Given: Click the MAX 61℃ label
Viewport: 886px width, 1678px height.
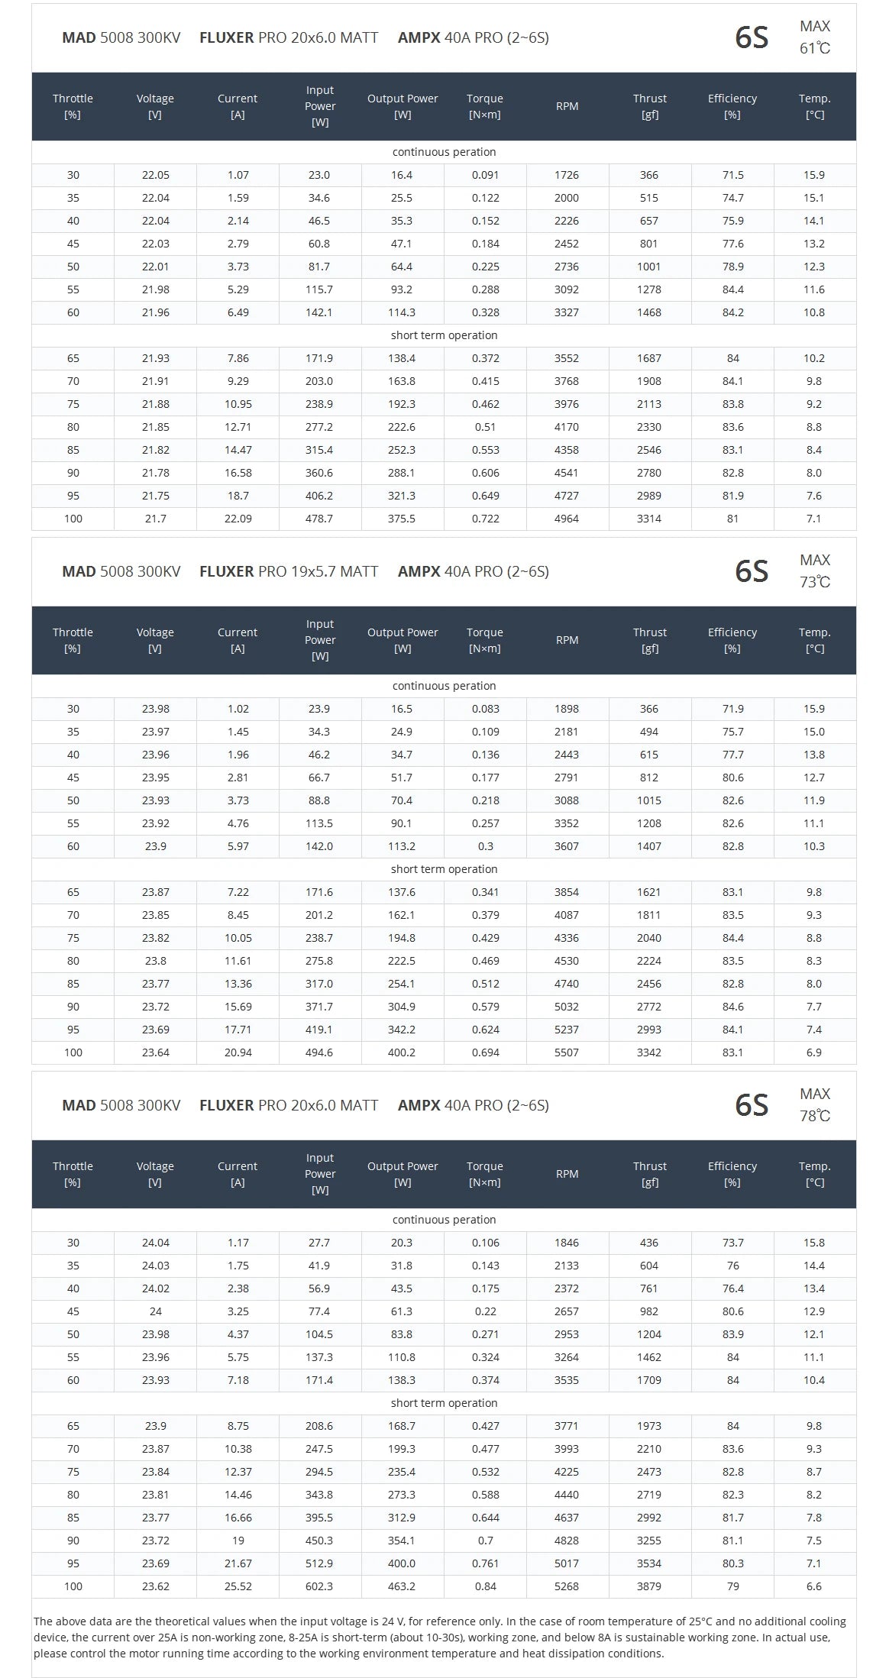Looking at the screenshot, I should tap(814, 37).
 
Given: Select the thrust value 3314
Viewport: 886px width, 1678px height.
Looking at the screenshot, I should tap(649, 519).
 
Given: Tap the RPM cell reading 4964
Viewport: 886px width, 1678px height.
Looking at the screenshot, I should tap(567, 519).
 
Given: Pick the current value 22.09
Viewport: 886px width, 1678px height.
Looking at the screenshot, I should tap(238, 519).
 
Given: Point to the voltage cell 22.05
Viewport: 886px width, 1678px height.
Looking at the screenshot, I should tap(155, 175).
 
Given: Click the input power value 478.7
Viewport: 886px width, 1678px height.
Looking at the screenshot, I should tap(319, 519).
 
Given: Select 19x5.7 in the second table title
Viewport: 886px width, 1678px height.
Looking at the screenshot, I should tap(313, 571).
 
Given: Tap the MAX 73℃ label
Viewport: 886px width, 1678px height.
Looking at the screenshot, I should tap(814, 571).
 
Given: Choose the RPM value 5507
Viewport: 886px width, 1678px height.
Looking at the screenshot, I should tap(567, 1052).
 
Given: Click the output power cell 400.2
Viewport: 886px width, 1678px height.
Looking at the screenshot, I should tap(402, 1052).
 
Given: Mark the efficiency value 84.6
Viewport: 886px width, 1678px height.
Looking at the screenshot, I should tap(732, 1007).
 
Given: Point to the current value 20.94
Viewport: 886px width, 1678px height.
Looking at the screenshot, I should tap(238, 1052).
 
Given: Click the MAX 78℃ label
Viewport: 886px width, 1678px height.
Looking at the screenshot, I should tap(814, 1105).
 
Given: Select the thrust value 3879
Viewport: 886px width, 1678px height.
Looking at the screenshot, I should tap(649, 1586).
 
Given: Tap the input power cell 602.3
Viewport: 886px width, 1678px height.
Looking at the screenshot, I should tap(319, 1586).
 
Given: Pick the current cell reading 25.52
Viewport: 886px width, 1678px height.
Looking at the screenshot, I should tap(238, 1586).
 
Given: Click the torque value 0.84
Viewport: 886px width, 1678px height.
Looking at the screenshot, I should tap(485, 1586).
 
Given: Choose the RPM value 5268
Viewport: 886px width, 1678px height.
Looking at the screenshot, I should tap(567, 1586).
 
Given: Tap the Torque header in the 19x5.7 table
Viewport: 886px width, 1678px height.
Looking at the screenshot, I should tap(485, 640).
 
